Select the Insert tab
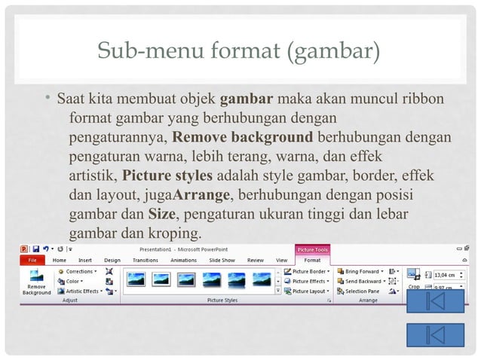click(x=84, y=260)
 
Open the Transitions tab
click(x=147, y=260)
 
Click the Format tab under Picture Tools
click(x=311, y=260)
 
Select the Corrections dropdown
click(x=78, y=271)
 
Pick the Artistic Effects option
click(x=81, y=291)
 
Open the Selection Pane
click(x=361, y=291)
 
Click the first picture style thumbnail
click(x=136, y=279)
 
